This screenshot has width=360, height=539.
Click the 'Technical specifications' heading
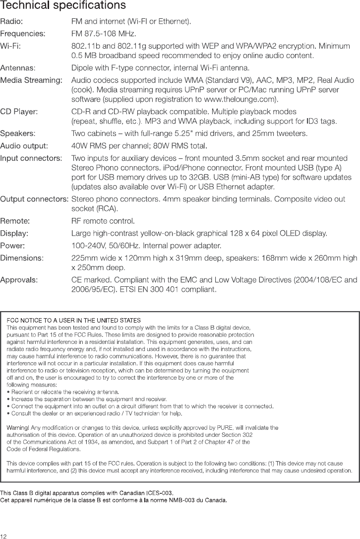pyautogui.click(x=62, y=6)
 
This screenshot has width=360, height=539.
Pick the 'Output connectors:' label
pyautogui.click(x=34, y=199)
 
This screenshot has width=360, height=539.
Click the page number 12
pyautogui.click(x=4, y=536)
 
